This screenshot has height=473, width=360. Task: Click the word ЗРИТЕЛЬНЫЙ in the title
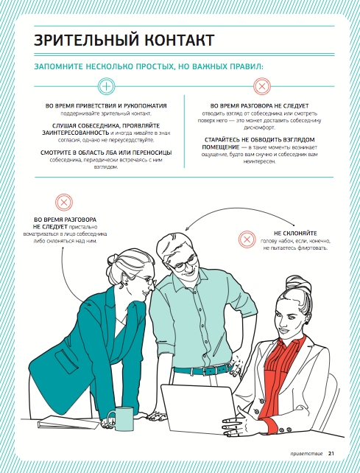pos(86,40)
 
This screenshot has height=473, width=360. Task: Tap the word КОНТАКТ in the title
pos(180,40)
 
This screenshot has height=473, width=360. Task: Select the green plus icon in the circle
pos(107,86)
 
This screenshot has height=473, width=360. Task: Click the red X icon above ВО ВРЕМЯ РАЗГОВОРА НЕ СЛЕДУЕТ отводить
pos(262,86)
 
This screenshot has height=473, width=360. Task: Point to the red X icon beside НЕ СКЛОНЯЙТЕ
pos(247,239)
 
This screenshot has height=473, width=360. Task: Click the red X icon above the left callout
pos(64,202)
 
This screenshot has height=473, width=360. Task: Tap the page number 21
pos(331,453)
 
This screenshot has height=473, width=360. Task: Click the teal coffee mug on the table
pos(121,418)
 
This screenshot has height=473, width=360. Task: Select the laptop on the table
pos(199,408)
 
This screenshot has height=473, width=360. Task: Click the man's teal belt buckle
pos(208,370)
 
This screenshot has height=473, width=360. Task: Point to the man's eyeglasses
pos(185,264)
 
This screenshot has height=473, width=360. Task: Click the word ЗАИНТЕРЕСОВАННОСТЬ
pos(75,133)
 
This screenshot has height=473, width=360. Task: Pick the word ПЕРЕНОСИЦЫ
pos(152,153)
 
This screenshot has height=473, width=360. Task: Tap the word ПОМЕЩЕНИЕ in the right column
pos(220,147)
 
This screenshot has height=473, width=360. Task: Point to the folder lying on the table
pos(68,422)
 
